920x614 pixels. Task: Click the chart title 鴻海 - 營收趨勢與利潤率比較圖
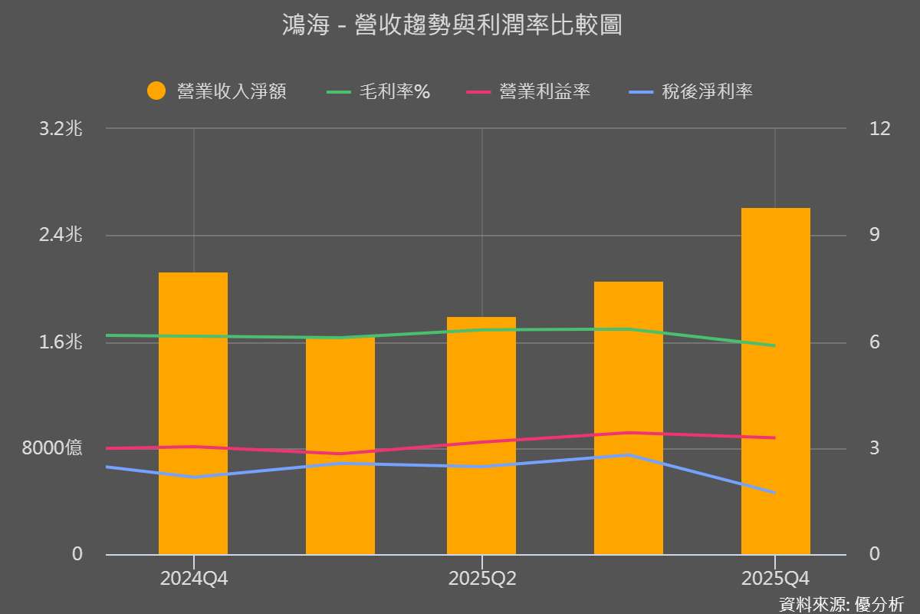[x=452, y=26]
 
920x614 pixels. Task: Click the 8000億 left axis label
[x=52, y=448]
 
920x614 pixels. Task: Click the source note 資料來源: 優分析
[x=841, y=603]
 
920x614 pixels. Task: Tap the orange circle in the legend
[x=156, y=91]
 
